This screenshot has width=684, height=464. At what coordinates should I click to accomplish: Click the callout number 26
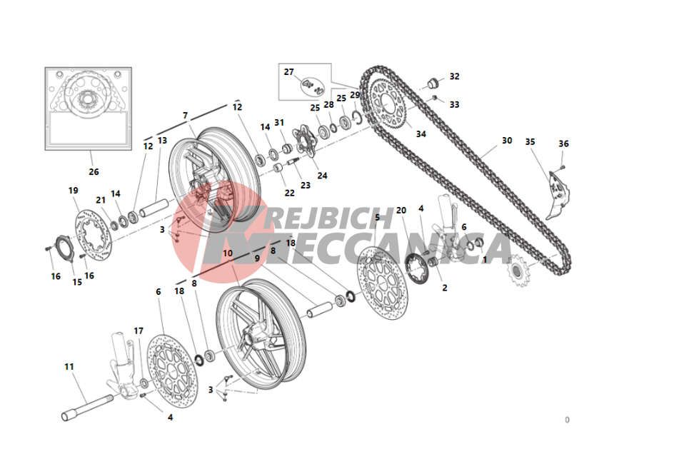[x=94, y=172]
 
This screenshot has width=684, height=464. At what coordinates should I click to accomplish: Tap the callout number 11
[x=69, y=367]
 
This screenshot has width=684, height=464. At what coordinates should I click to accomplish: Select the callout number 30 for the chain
[x=506, y=141]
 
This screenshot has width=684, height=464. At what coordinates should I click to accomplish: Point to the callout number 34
[x=421, y=134]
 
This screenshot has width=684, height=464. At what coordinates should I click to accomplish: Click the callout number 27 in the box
[x=288, y=72]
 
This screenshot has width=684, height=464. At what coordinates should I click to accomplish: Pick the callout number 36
[x=563, y=143]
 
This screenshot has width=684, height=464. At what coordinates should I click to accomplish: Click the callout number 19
[x=74, y=191]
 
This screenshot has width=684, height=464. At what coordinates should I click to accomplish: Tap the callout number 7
[x=185, y=116]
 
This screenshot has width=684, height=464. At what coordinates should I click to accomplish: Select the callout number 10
[x=228, y=253]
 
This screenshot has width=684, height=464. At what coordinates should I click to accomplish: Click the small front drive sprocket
[x=518, y=271]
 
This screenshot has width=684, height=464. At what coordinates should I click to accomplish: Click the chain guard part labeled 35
[x=558, y=196]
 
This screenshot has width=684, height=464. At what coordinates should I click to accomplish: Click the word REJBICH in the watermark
[x=328, y=218]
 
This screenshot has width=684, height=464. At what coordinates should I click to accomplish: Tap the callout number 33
[x=454, y=105]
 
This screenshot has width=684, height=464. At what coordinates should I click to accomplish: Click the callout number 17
[x=139, y=331]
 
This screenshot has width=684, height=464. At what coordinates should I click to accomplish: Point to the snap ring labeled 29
[x=357, y=117]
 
